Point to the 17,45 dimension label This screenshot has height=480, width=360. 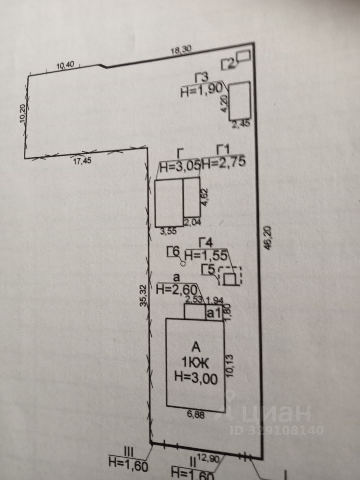tap(83, 161)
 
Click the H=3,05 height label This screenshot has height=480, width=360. tap(179, 167)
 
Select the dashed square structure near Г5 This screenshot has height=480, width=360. tap(230, 276)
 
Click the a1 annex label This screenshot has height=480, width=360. tap(214, 313)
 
